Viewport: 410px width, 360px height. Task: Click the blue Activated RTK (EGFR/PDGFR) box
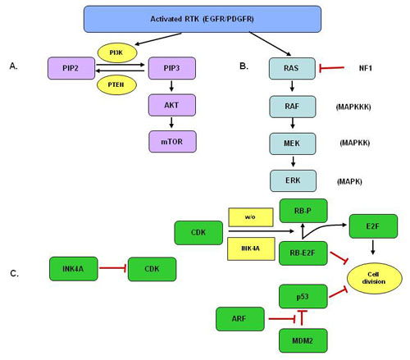click(x=202, y=18)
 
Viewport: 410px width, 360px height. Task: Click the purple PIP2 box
click(x=71, y=68)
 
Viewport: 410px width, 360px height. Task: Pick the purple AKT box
click(x=172, y=104)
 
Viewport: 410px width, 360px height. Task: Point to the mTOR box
click(x=172, y=141)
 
